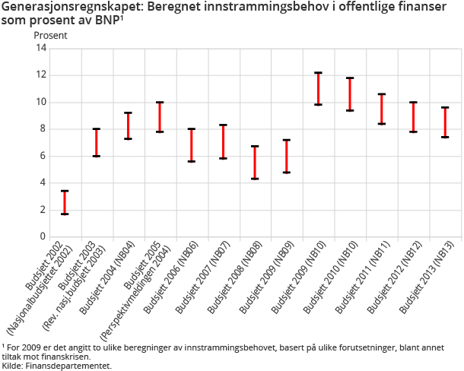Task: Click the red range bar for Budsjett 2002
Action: coord(65,202)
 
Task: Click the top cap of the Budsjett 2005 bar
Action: coord(160,102)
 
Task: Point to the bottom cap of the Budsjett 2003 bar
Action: coord(97,156)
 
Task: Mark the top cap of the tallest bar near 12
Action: coord(318,73)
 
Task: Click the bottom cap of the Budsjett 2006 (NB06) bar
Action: coord(192,161)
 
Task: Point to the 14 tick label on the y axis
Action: coord(42,48)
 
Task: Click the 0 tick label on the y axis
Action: coord(44,236)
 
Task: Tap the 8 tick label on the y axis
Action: coord(44,128)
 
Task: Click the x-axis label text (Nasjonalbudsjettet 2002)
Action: coord(42,286)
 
